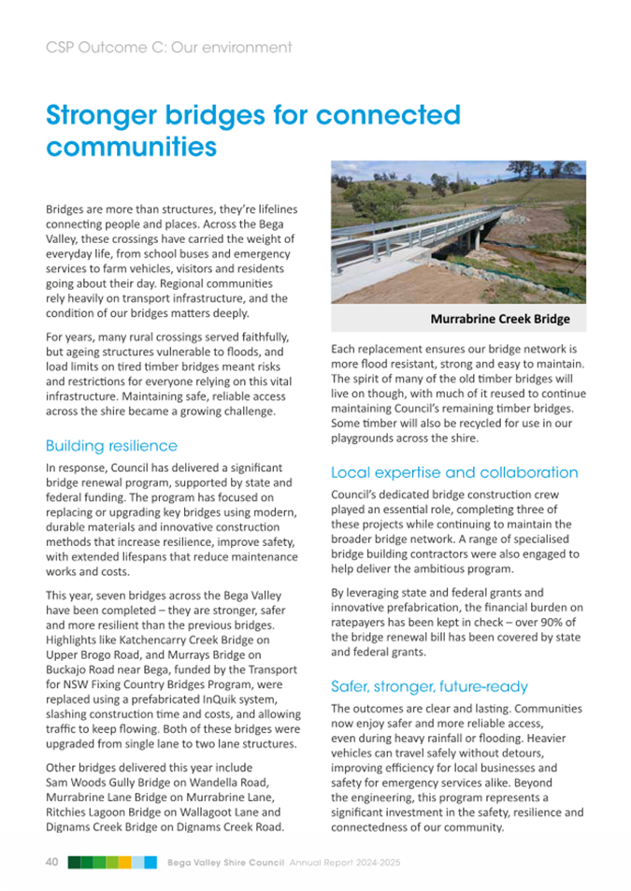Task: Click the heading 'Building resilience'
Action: (x=111, y=445)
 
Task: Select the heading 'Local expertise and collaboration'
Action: (x=454, y=472)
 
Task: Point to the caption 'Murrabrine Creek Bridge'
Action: (x=499, y=320)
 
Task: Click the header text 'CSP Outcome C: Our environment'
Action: (x=168, y=47)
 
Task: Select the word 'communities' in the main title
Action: (x=132, y=148)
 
